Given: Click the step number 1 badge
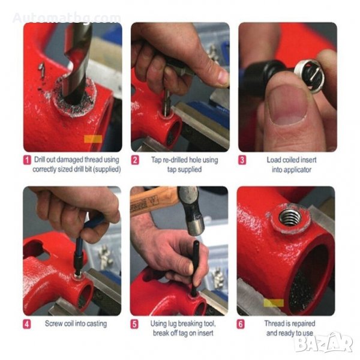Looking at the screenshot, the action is pos(27,160).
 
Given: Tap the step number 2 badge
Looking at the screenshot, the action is pos(135,160).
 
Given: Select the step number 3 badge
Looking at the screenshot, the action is pos(242,160).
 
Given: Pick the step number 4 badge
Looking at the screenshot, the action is pos(27,324).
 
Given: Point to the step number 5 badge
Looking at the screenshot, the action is pos(134,324).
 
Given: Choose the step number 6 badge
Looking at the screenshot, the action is pos(241,324).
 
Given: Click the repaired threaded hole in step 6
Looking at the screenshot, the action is pos(290,217).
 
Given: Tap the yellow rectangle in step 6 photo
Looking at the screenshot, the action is pos(274,302).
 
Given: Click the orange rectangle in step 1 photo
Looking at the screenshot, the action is pos(93,139).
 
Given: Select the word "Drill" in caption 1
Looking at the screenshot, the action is pos(40,160).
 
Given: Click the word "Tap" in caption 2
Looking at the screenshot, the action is pos(156,160).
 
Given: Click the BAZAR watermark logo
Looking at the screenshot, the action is pos(324,343).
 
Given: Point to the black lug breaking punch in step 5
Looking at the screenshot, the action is pos(196,269).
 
